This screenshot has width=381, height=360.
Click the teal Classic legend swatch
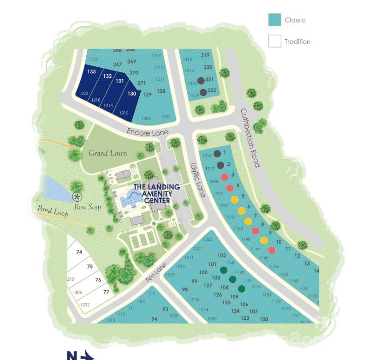[274, 20]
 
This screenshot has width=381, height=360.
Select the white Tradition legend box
[274, 41]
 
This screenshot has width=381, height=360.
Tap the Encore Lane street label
[148, 132]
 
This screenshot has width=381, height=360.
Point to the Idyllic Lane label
[198, 180]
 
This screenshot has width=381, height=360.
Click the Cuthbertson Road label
[250, 138]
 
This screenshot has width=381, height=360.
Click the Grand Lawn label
[107, 153]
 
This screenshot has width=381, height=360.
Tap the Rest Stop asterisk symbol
[77, 197]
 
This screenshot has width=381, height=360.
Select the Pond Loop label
[53, 210]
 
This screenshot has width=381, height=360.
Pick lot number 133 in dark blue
[91, 72]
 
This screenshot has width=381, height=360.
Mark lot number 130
[132, 94]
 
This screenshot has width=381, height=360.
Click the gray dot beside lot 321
[201, 81]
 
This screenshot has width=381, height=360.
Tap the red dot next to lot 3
[225, 177]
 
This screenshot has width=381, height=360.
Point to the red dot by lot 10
[272, 250]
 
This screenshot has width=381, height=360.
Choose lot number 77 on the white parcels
[106, 292]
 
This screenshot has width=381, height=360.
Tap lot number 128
[161, 91]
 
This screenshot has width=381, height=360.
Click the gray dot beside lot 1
[217, 154]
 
